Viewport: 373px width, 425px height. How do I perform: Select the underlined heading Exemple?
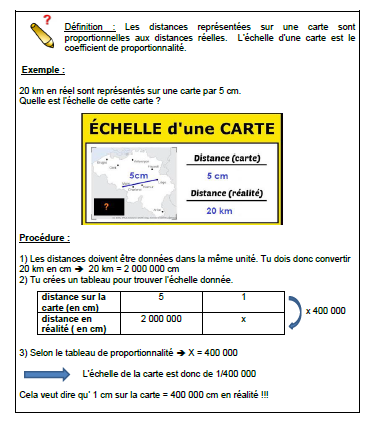click(x=41, y=71)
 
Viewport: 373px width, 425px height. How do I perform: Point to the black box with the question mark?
click(x=107, y=208)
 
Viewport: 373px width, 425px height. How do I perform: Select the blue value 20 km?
click(x=218, y=210)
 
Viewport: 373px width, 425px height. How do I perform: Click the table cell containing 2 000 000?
click(x=161, y=318)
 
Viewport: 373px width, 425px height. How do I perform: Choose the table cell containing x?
click(x=243, y=318)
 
